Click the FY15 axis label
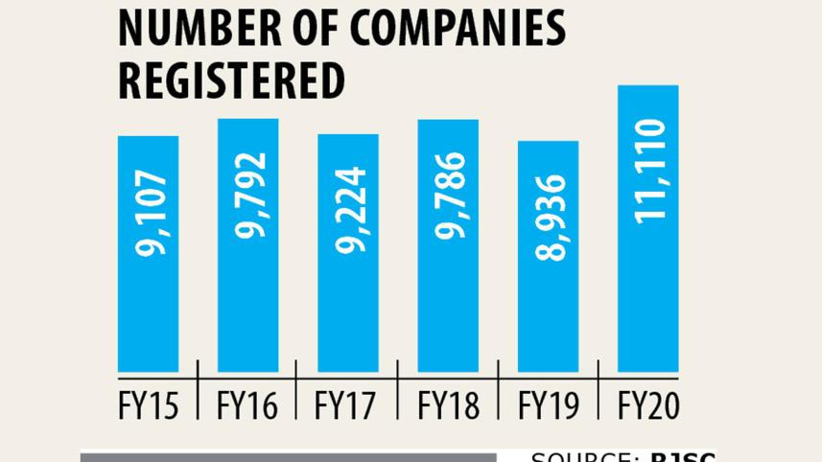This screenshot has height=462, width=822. pyautogui.click(x=149, y=406)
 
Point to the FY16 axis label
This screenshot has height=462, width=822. pyautogui.click(x=248, y=406)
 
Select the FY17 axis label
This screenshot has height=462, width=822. pyautogui.click(x=348, y=406)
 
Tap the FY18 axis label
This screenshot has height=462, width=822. pyautogui.click(x=448, y=406)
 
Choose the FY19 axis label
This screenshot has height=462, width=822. pyautogui.click(x=548, y=406)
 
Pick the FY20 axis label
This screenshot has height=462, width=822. pyautogui.click(x=647, y=406)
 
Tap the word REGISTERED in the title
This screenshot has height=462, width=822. pyautogui.click(x=230, y=81)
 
